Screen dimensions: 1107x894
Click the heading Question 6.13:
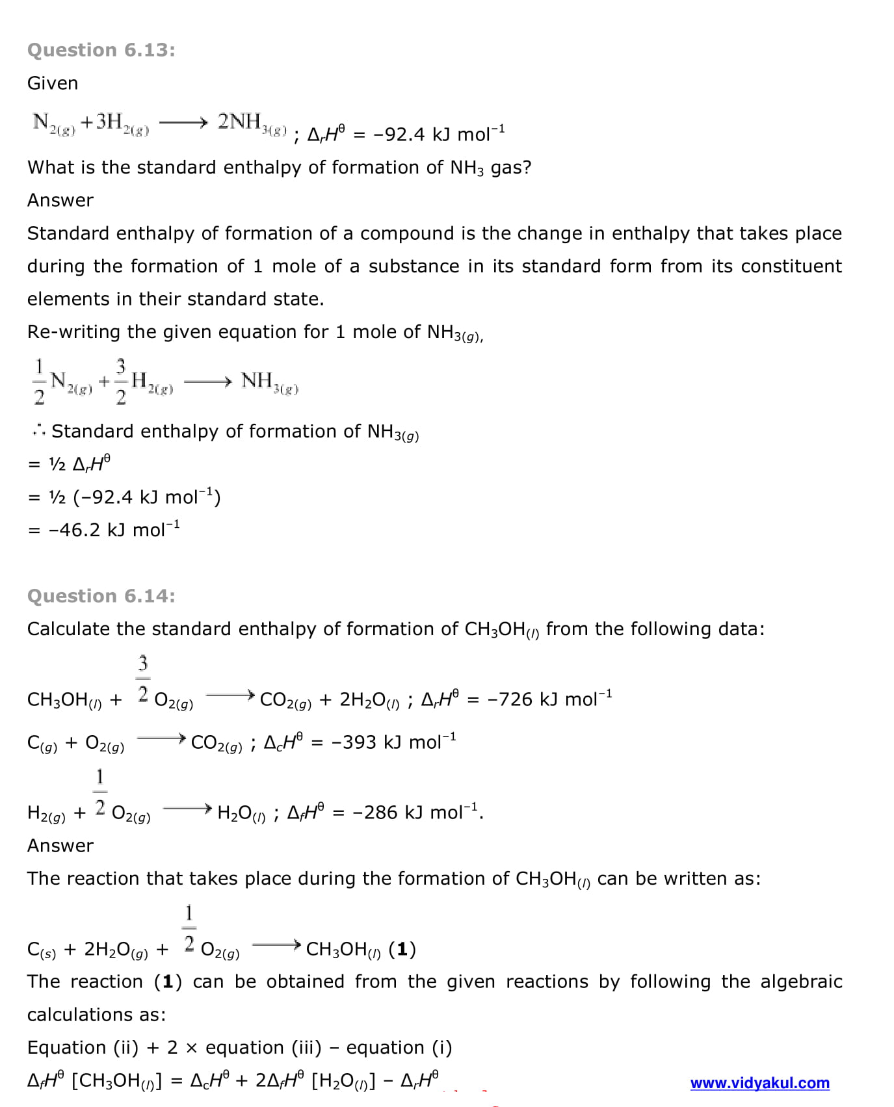coord(101,50)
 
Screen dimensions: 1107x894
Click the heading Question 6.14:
coord(101,596)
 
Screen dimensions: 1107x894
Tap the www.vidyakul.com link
coord(759,1083)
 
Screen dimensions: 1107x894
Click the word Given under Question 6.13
coord(53,83)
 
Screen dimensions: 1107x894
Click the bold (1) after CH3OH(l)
coord(402,950)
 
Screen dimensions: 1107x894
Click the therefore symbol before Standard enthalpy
coord(38,431)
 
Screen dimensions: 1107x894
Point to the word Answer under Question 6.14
coord(60,846)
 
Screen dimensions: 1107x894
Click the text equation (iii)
coord(263,1048)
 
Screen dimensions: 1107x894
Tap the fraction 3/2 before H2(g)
coord(121,381)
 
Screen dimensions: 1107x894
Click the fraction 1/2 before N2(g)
coord(39,381)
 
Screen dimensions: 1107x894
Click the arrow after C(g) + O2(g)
coord(161,738)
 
